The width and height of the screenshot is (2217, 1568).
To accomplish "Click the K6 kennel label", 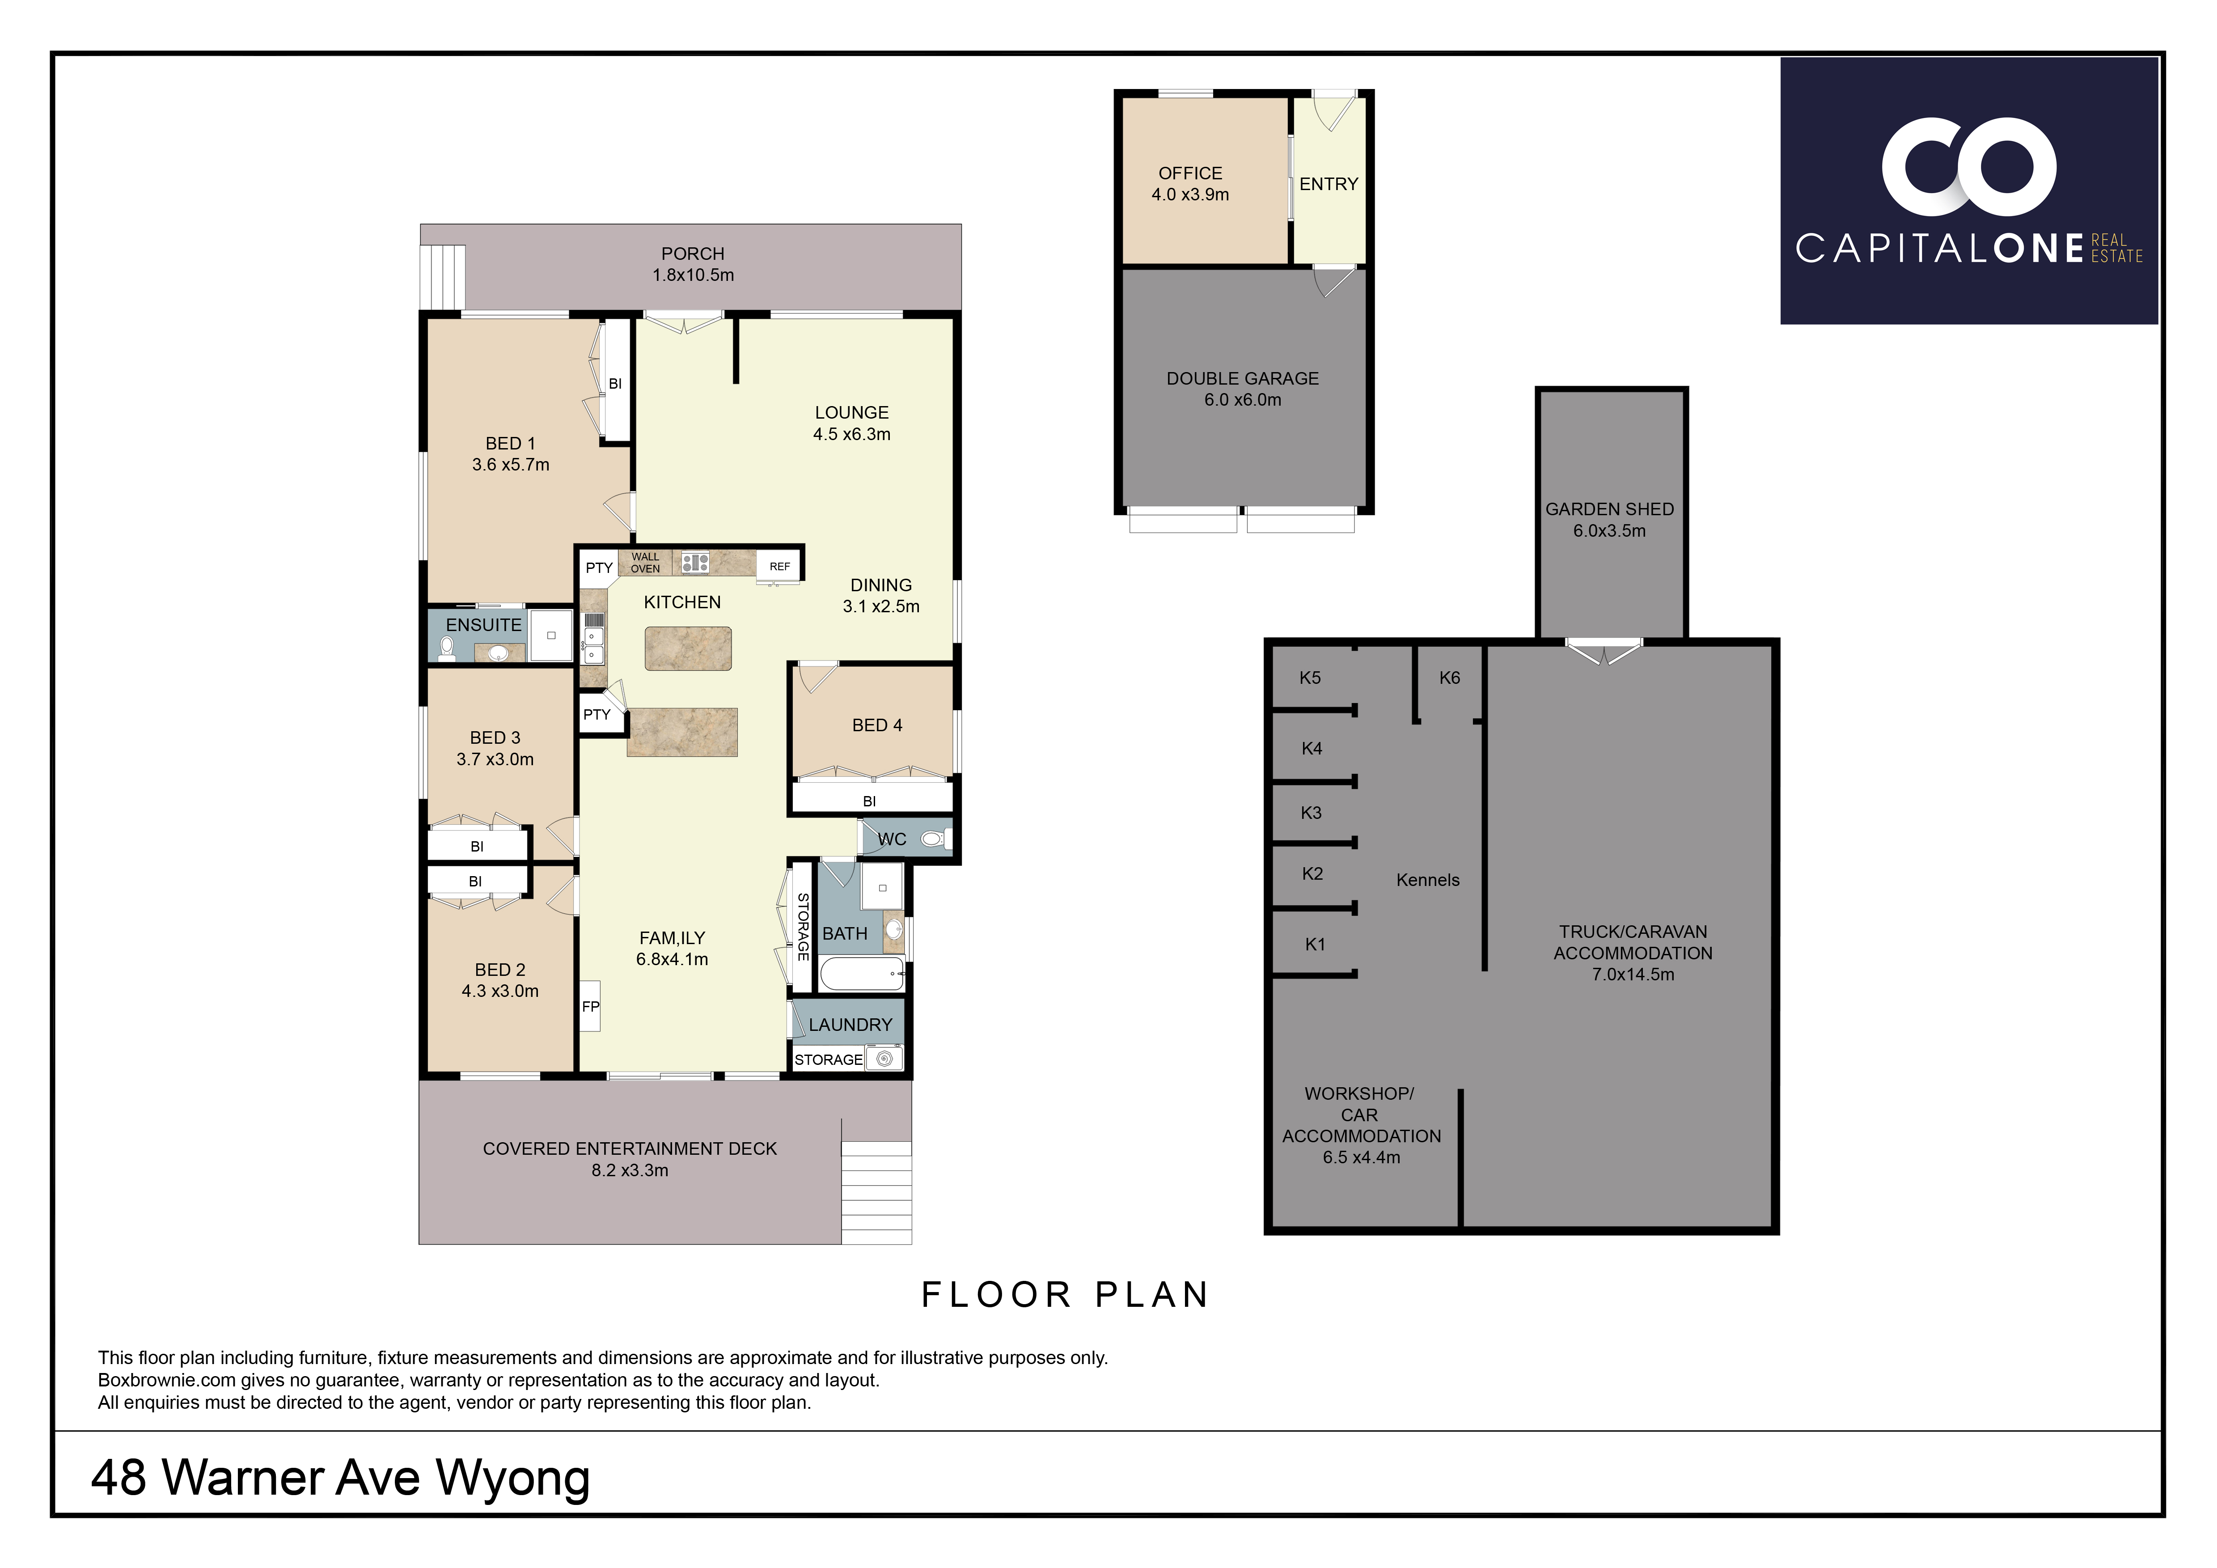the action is point(1449,678).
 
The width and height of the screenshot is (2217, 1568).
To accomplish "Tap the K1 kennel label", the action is point(1315,944).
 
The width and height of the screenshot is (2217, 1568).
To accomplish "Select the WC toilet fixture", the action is point(932,839).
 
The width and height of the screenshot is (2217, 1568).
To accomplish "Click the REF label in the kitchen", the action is point(779,567).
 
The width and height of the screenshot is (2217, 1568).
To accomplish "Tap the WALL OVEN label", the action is point(645,563).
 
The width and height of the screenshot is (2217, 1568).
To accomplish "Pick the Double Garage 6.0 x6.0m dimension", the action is point(1243,400).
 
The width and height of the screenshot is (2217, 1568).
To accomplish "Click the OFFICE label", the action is point(1191,173).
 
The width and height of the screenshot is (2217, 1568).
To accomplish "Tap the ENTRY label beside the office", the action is point(1329,183).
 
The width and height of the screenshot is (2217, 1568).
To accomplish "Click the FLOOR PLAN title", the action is point(1065,1295).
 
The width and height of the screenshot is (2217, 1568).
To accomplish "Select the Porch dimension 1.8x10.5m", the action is point(693,275).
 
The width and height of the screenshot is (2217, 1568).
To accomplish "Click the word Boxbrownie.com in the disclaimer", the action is point(167,1381).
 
